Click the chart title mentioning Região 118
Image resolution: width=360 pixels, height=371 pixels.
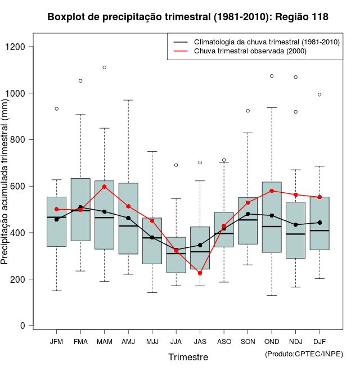[x=188, y=17]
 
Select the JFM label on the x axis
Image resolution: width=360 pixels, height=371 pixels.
[x=56, y=341]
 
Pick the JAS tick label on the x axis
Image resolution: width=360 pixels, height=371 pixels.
[x=200, y=341]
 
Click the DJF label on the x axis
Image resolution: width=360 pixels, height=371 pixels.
[x=319, y=341]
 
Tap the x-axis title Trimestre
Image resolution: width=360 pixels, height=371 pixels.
[x=188, y=357]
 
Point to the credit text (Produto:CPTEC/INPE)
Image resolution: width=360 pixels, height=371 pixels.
[x=304, y=354]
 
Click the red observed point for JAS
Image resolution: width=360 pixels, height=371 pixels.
[x=200, y=273]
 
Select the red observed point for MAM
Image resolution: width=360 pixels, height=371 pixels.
[x=105, y=187]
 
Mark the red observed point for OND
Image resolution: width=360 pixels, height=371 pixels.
[x=272, y=191]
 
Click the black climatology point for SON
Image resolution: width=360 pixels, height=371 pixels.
[x=247, y=214]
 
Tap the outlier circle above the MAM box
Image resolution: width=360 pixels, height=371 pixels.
[x=105, y=67]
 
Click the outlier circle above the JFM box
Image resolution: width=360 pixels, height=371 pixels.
[x=56, y=108]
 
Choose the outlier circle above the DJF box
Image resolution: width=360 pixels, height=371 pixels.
[x=319, y=94]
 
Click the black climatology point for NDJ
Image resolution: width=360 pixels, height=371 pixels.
[x=296, y=225]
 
